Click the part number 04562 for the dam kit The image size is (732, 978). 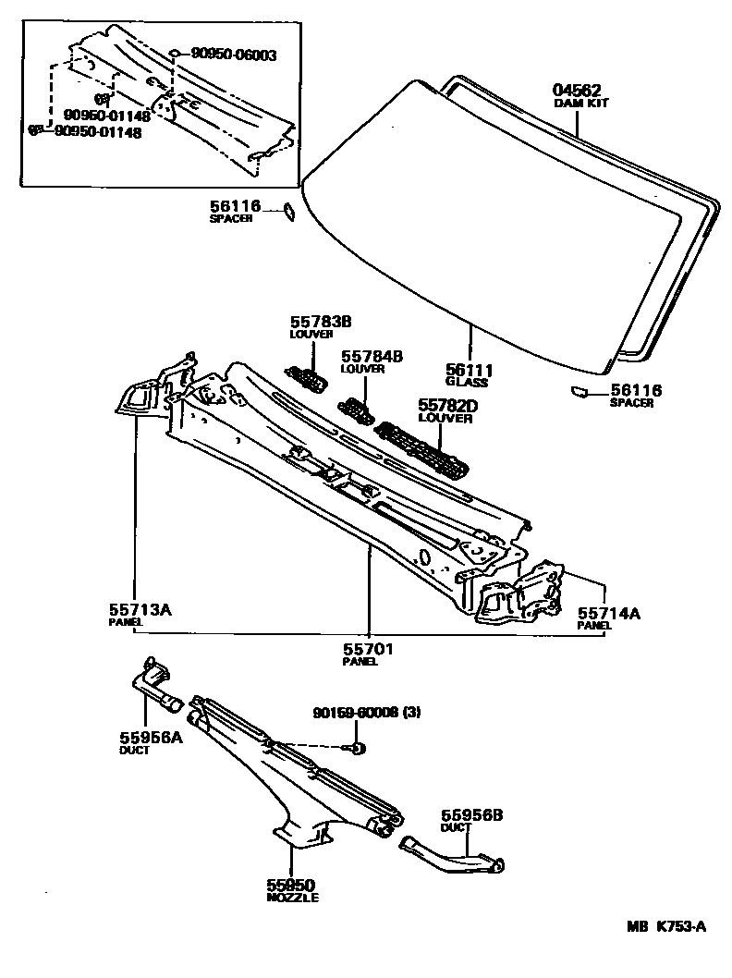tap(578, 91)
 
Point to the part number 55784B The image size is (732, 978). tap(372, 356)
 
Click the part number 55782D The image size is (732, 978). tap(446, 405)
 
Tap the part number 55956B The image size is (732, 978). tap(470, 816)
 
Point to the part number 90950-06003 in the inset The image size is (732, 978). tap(234, 55)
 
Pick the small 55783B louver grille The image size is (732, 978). tap(307, 377)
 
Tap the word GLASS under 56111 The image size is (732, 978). tap(466, 382)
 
